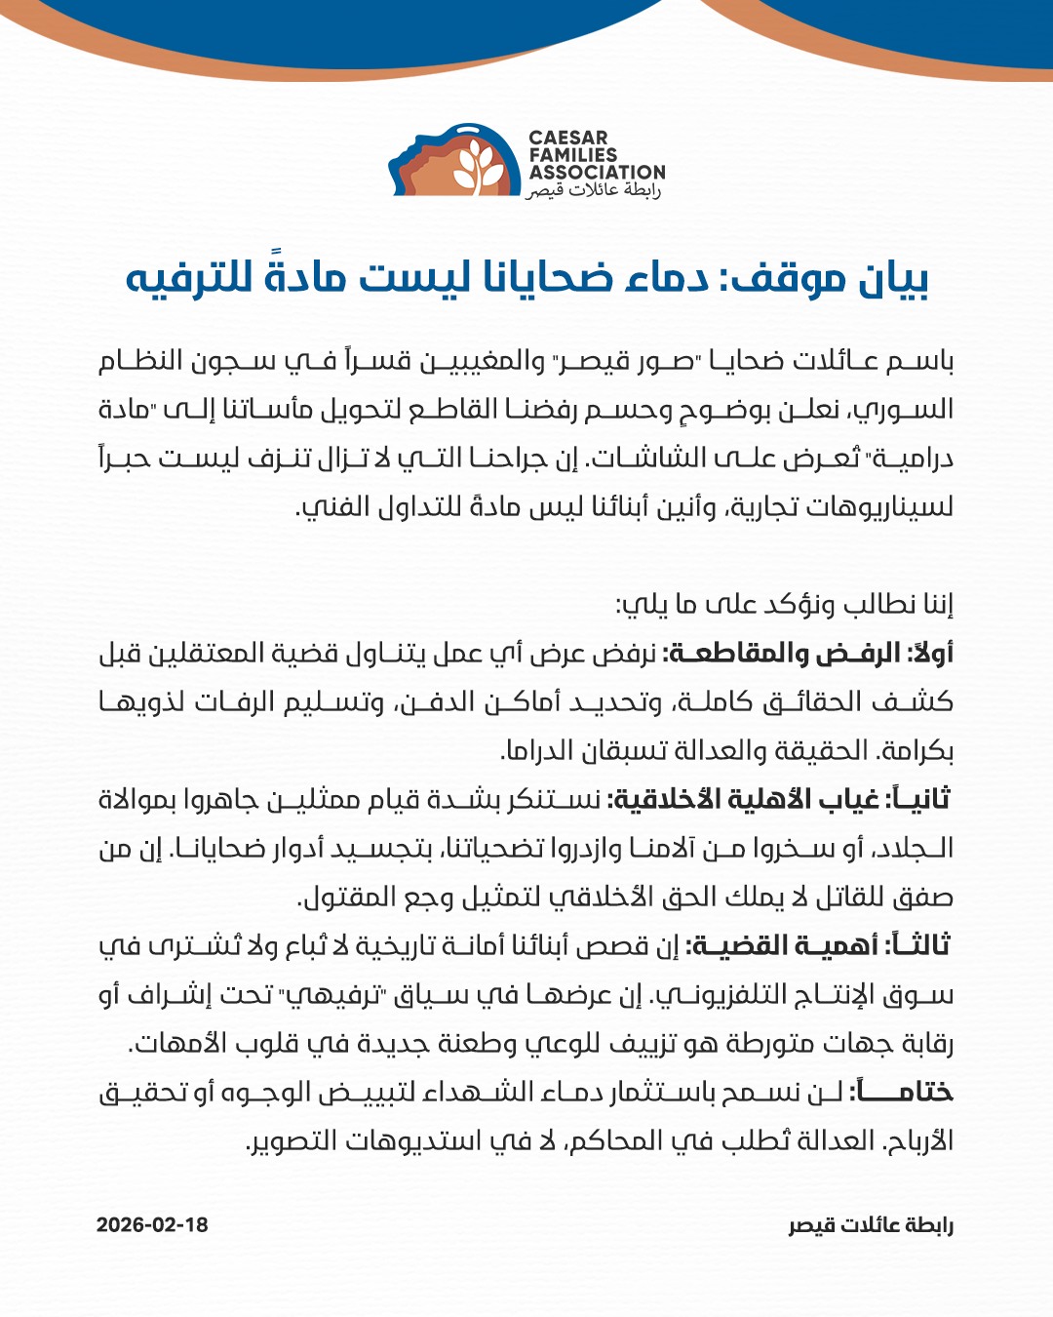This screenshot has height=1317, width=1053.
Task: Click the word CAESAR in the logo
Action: click(x=568, y=139)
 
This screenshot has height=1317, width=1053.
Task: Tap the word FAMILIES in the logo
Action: click(x=573, y=155)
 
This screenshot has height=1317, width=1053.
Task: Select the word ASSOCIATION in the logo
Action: click(x=597, y=173)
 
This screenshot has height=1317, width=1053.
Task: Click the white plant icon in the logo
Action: click(x=480, y=165)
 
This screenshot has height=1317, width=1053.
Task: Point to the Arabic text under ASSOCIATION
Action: click(x=594, y=190)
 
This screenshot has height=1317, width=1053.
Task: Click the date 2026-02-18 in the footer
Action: click(x=152, y=1225)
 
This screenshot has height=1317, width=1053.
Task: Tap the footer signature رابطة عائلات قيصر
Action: click(x=871, y=1225)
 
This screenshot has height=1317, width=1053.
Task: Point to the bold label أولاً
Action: click(x=930, y=653)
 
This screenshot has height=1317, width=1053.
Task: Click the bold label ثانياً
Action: click(x=917, y=799)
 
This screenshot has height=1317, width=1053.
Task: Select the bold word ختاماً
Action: click(x=901, y=1092)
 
